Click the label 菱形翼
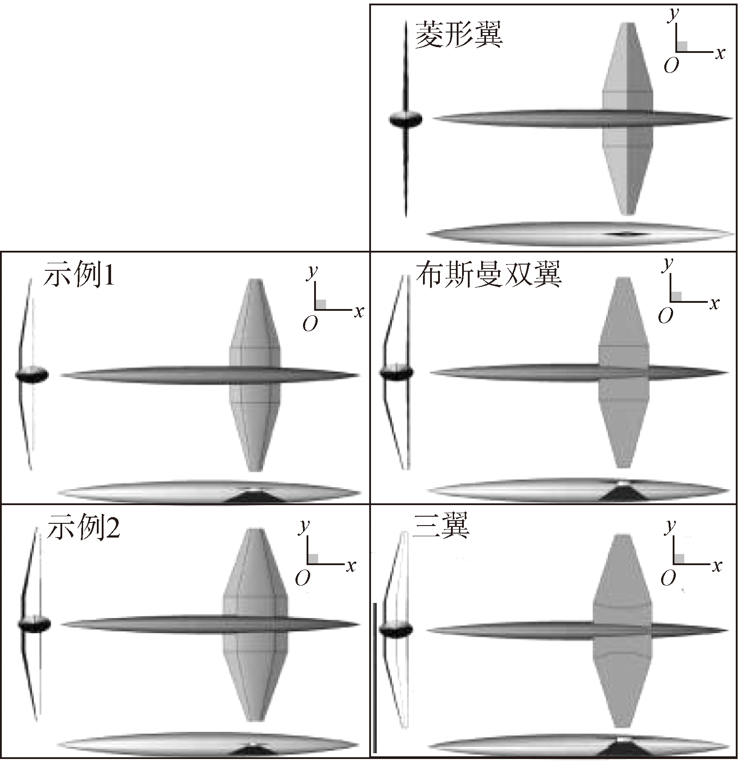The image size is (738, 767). (458, 36)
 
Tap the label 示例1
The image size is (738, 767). (79, 276)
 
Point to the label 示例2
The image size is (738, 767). (83, 528)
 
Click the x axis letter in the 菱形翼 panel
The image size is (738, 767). (720, 53)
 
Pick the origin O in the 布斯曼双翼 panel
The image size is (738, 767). (665, 316)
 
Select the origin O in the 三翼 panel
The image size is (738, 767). (668, 578)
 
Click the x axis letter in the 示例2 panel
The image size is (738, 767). (351, 566)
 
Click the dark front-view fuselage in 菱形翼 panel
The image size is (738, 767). (406, 119)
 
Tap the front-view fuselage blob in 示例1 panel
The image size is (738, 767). (31, 375)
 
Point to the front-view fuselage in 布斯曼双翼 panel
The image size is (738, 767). (397, 372)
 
